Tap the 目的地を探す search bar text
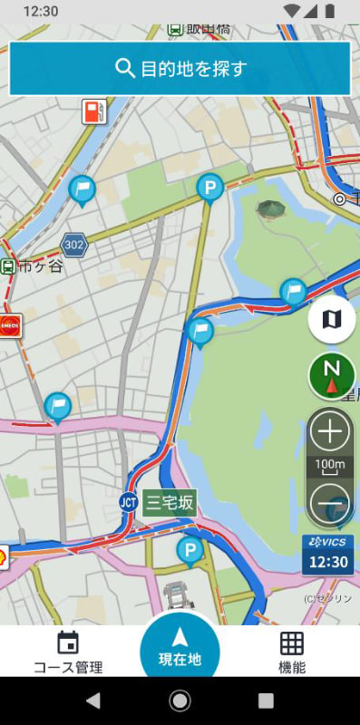(x=194, y=68)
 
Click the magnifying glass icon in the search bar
(x=124, y=68)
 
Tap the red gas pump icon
(x=93, y=111)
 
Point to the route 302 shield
(x=74, y=244)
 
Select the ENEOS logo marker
(x=10, y=325)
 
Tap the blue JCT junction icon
(x=128, y=502)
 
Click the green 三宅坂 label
(x=170, y=503)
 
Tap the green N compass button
(x=331, y=375)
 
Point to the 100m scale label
(x=330, y=466)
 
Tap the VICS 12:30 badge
(x=328, y=554)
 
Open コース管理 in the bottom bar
(x=68, y=653)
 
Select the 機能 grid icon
(x=291, y=643)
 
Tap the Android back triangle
(x=92, y=701)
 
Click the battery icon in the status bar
(x=329, y=11)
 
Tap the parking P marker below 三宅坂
(x=190, y=548)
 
